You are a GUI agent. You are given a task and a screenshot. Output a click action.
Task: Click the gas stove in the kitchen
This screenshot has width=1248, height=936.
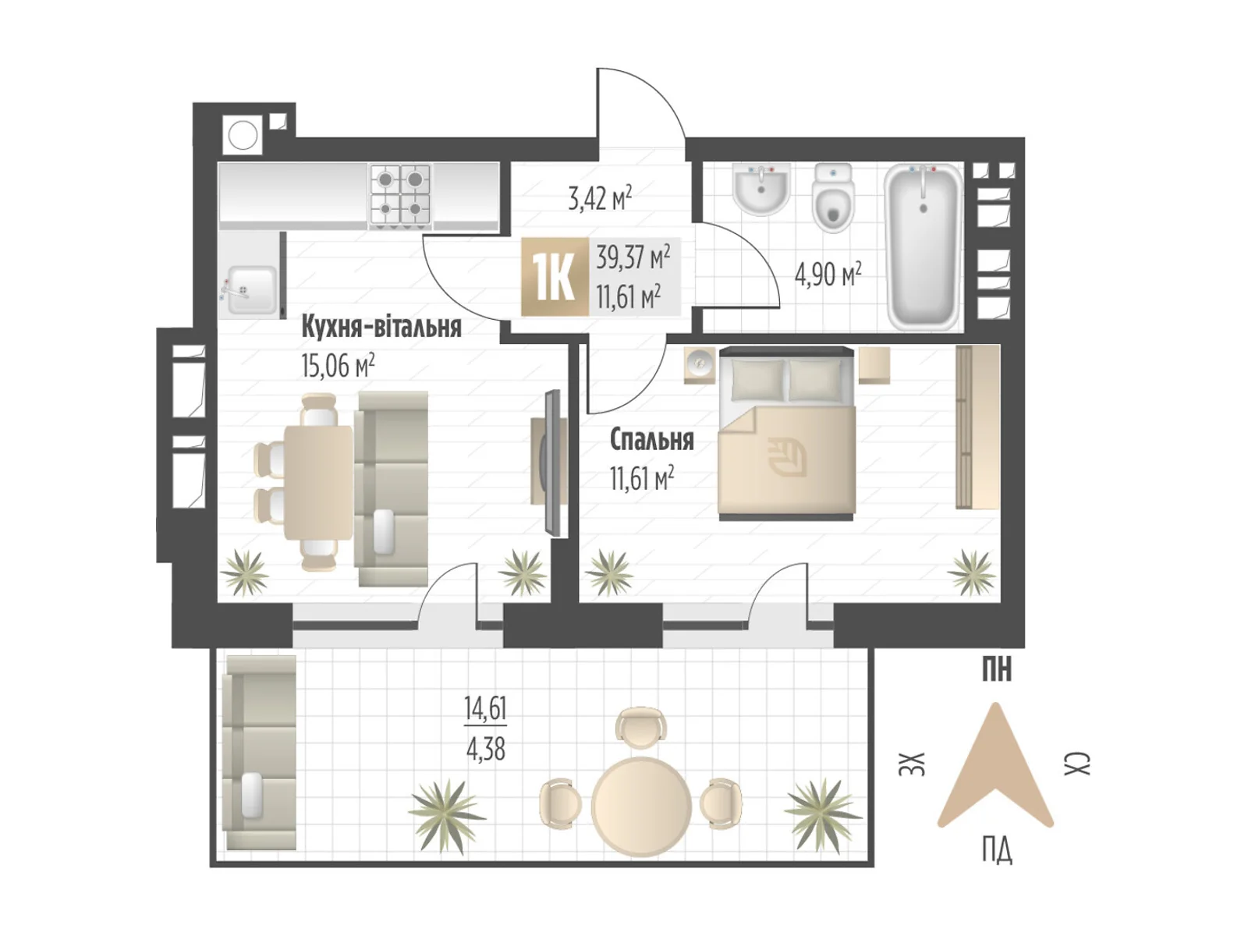coord(400,196)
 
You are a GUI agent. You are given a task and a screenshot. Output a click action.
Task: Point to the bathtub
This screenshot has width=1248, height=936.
coord(923,247)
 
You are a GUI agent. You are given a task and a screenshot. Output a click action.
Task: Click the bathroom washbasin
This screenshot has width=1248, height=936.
coord(760,189)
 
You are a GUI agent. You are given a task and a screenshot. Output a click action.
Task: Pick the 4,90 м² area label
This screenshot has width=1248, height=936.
coord(828,275)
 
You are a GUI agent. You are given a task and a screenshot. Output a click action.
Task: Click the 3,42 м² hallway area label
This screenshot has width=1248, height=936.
coord(600,198)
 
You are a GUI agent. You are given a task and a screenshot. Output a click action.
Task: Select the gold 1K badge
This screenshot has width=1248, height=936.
coord(555,276)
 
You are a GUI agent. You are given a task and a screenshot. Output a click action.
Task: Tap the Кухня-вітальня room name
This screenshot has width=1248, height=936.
coord(381,328)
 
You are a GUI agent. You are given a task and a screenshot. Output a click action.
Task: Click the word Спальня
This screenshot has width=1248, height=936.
coord(651,440)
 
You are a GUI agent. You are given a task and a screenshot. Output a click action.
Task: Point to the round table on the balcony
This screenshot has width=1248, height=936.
coord(641,804)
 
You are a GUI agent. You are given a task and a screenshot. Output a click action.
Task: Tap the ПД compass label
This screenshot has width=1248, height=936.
coord(996,851)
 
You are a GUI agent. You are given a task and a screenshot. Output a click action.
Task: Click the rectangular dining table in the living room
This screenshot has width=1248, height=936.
coord(318,483)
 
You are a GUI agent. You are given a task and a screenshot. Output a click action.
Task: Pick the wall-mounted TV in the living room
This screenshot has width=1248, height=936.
coord(551,462)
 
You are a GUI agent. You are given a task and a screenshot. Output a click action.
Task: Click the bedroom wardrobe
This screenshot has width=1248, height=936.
coord(977,426)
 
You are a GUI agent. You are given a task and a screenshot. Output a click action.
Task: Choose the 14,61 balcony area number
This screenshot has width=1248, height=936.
coord(485,708)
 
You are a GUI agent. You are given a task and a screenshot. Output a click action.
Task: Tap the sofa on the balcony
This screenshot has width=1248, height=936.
coord(261,753)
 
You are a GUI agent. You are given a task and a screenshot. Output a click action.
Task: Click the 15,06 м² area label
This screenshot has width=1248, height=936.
coord(338,365)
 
